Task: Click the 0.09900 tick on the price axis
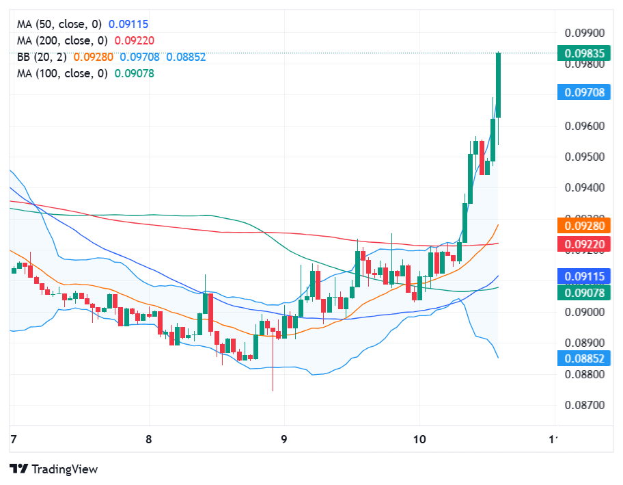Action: [585, 33]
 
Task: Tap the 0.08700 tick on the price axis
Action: [585, 405]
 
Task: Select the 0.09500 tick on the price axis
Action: [585, 157]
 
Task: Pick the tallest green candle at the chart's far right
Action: [499, 85]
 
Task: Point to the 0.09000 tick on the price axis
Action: [585, 312]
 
